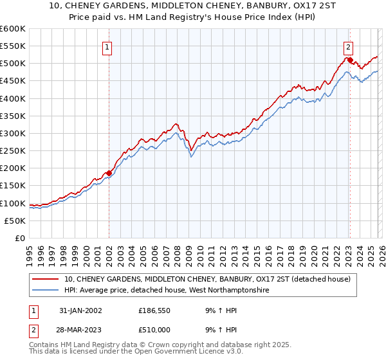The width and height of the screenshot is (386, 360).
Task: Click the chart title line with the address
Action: (192, 6)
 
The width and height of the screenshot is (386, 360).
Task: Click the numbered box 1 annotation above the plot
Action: (107, 46)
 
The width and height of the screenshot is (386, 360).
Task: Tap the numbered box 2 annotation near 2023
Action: (347, 46)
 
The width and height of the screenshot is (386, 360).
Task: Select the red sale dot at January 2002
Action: (109, 173)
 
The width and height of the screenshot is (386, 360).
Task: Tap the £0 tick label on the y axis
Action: (21, 238)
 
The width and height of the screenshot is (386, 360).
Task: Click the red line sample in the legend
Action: (46, 279)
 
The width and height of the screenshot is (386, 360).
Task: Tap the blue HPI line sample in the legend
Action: (46, 291)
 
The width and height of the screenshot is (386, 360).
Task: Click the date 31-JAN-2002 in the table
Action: (80, 310)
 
